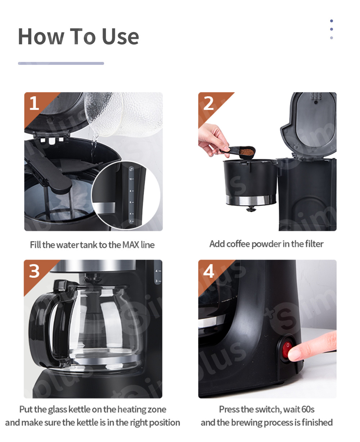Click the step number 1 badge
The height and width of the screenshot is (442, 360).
pos(34,103)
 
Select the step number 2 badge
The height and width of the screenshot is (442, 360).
pos(209,103)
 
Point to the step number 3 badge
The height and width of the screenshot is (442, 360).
pos(34,271)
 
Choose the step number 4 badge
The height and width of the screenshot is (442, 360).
pos(209,271)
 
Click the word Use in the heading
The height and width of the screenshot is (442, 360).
pos(120,37)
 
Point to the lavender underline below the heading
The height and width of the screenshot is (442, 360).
pos(61,63)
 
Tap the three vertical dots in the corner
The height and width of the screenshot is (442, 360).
pos(331,29)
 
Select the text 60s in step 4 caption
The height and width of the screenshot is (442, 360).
pos(306,410)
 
